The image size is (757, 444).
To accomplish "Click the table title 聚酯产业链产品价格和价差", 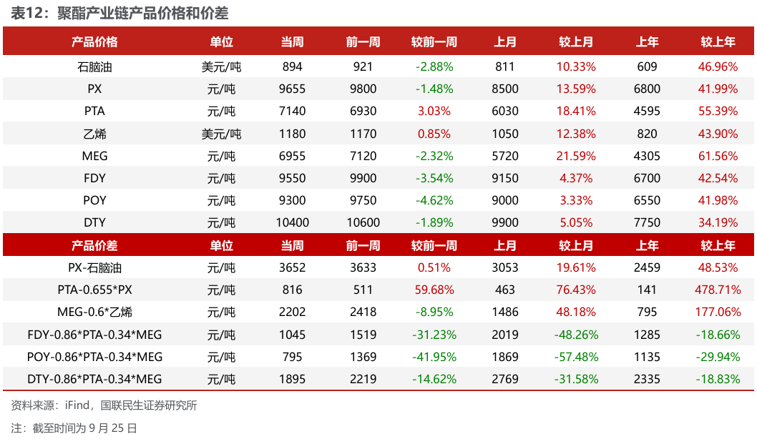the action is (x=142, y=13).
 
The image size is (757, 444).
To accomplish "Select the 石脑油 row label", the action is (x=94, y=66).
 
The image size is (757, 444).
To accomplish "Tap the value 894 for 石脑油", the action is (x=292, y=66).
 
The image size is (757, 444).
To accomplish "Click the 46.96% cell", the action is (x=718, y=66).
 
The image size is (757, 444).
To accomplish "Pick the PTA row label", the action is (x=94, y=111).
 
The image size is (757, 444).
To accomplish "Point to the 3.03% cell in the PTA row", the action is (x=434, y=111).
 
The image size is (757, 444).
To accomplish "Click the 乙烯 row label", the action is (x=94, y=134).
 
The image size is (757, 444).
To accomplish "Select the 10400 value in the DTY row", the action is (x=292, y=222).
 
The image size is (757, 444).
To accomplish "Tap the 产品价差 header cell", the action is (x=94, y=246).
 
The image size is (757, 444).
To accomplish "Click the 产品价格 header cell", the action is (x=94, y=42).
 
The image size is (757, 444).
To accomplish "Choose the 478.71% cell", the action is (x=718, y=290).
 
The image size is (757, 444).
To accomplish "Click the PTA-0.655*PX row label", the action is (x=94, y=290).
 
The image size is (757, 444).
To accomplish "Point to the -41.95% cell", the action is (x=434, y=357).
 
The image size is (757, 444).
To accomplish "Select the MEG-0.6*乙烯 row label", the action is (x=94, y=312).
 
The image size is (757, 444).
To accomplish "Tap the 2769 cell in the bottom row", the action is (x=505, y=379).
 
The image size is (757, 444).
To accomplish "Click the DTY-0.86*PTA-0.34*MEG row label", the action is (x=94, y=379).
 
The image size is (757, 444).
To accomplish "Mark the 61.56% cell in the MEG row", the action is (x=718, y=156).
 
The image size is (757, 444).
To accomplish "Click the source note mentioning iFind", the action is (x=104, y=405).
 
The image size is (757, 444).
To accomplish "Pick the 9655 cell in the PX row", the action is (x=292, y=89).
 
